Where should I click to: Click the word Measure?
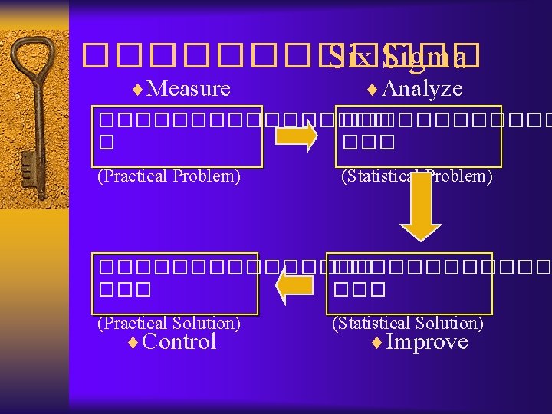(188, 89)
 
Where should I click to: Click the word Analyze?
(421, 89)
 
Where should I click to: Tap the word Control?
(179, 342)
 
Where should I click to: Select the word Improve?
(426, 342)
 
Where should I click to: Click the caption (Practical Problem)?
(169, 176)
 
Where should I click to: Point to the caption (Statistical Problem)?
(416, 176)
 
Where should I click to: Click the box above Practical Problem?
(179, 136)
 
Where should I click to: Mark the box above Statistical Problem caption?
(418, 136)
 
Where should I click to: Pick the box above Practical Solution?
(176, 283)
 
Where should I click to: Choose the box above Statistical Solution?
(409, 283)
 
